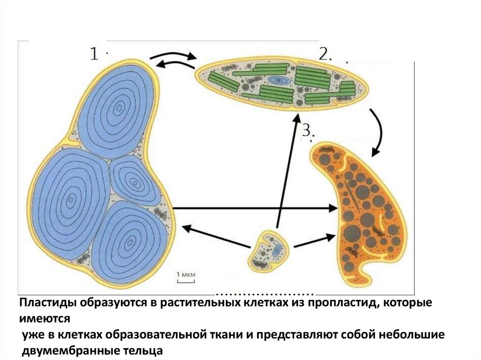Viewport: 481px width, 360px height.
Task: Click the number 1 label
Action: [x=94, y=54]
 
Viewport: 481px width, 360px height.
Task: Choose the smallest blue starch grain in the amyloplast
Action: [x=132, y=180]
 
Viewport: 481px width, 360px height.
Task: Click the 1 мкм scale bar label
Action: [x=186, y=274]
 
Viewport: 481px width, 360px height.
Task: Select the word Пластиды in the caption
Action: [x=45, y=304]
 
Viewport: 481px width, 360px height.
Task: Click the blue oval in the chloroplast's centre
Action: [x=280, y=81]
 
